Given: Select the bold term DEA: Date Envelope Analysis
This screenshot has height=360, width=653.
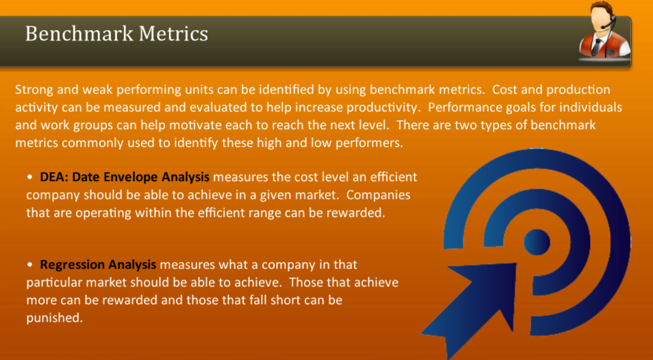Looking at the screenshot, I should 124,177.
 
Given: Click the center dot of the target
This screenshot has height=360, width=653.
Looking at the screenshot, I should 536,242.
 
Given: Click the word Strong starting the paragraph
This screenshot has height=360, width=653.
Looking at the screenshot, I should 33,89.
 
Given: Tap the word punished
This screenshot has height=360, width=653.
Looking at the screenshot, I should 54,318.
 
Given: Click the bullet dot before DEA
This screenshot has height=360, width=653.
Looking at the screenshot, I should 31,178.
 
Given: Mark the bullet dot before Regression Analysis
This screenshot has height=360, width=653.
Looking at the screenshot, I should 31,265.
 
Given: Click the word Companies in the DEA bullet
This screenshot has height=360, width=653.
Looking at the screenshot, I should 378,195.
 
